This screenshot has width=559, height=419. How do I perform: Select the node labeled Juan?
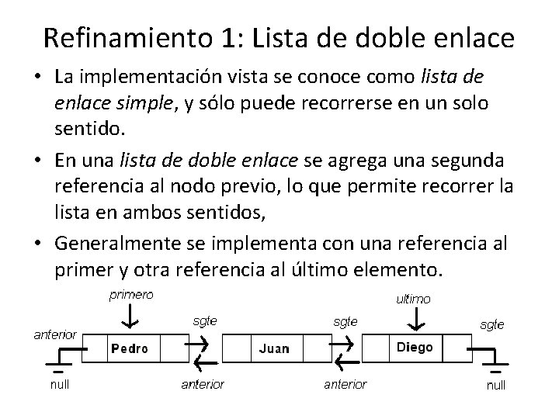coord(273,348)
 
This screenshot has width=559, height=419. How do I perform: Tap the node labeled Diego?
coord(415,347)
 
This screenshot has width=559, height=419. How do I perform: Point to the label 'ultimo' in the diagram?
coord(414,299)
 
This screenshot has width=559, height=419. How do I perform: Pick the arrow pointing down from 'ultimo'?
coord(418,319)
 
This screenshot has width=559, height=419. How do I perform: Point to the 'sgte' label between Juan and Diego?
coord(345,320)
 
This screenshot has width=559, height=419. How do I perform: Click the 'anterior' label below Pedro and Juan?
coord(202,383)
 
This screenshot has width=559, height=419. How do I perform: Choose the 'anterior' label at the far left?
coord(54,334)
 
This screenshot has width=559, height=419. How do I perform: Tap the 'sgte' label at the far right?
coord(491,324)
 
